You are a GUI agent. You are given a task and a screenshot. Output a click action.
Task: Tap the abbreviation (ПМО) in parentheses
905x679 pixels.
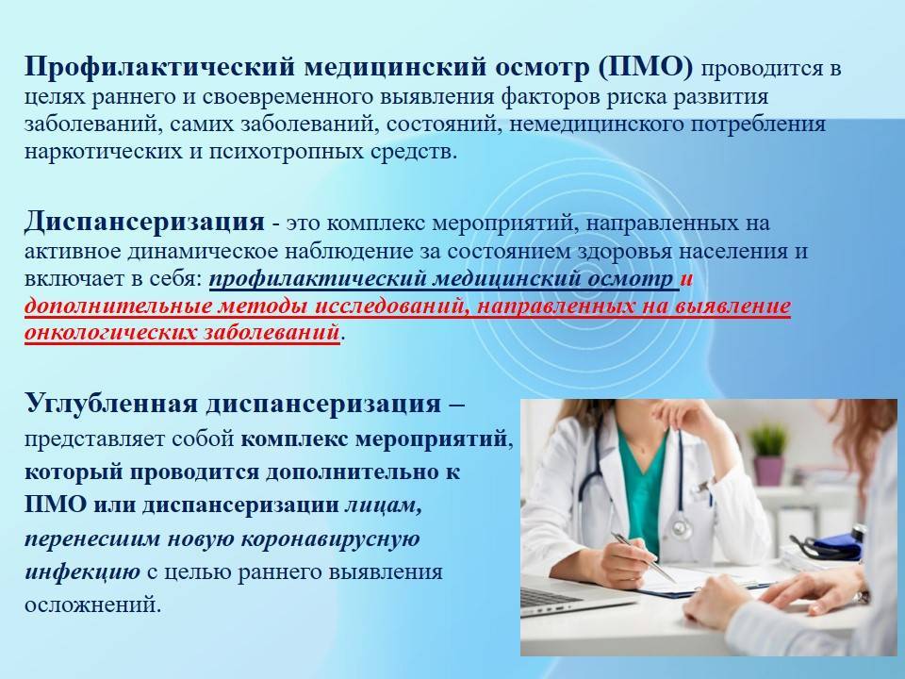click(645, 68)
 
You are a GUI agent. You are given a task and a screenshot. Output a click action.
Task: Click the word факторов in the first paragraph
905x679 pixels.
click(550, 97)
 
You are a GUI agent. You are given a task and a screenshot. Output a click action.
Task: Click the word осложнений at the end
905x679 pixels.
click(92, 605)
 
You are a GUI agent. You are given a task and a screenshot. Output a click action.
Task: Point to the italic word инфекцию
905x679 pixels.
click(82, 572)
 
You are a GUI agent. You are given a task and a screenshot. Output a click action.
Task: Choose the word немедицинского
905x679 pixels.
click(597, 124)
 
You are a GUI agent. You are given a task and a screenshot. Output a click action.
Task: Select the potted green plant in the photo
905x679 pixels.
click(768, 454)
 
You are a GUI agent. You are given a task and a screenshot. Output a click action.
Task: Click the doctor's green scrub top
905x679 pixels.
click(642, 484)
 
